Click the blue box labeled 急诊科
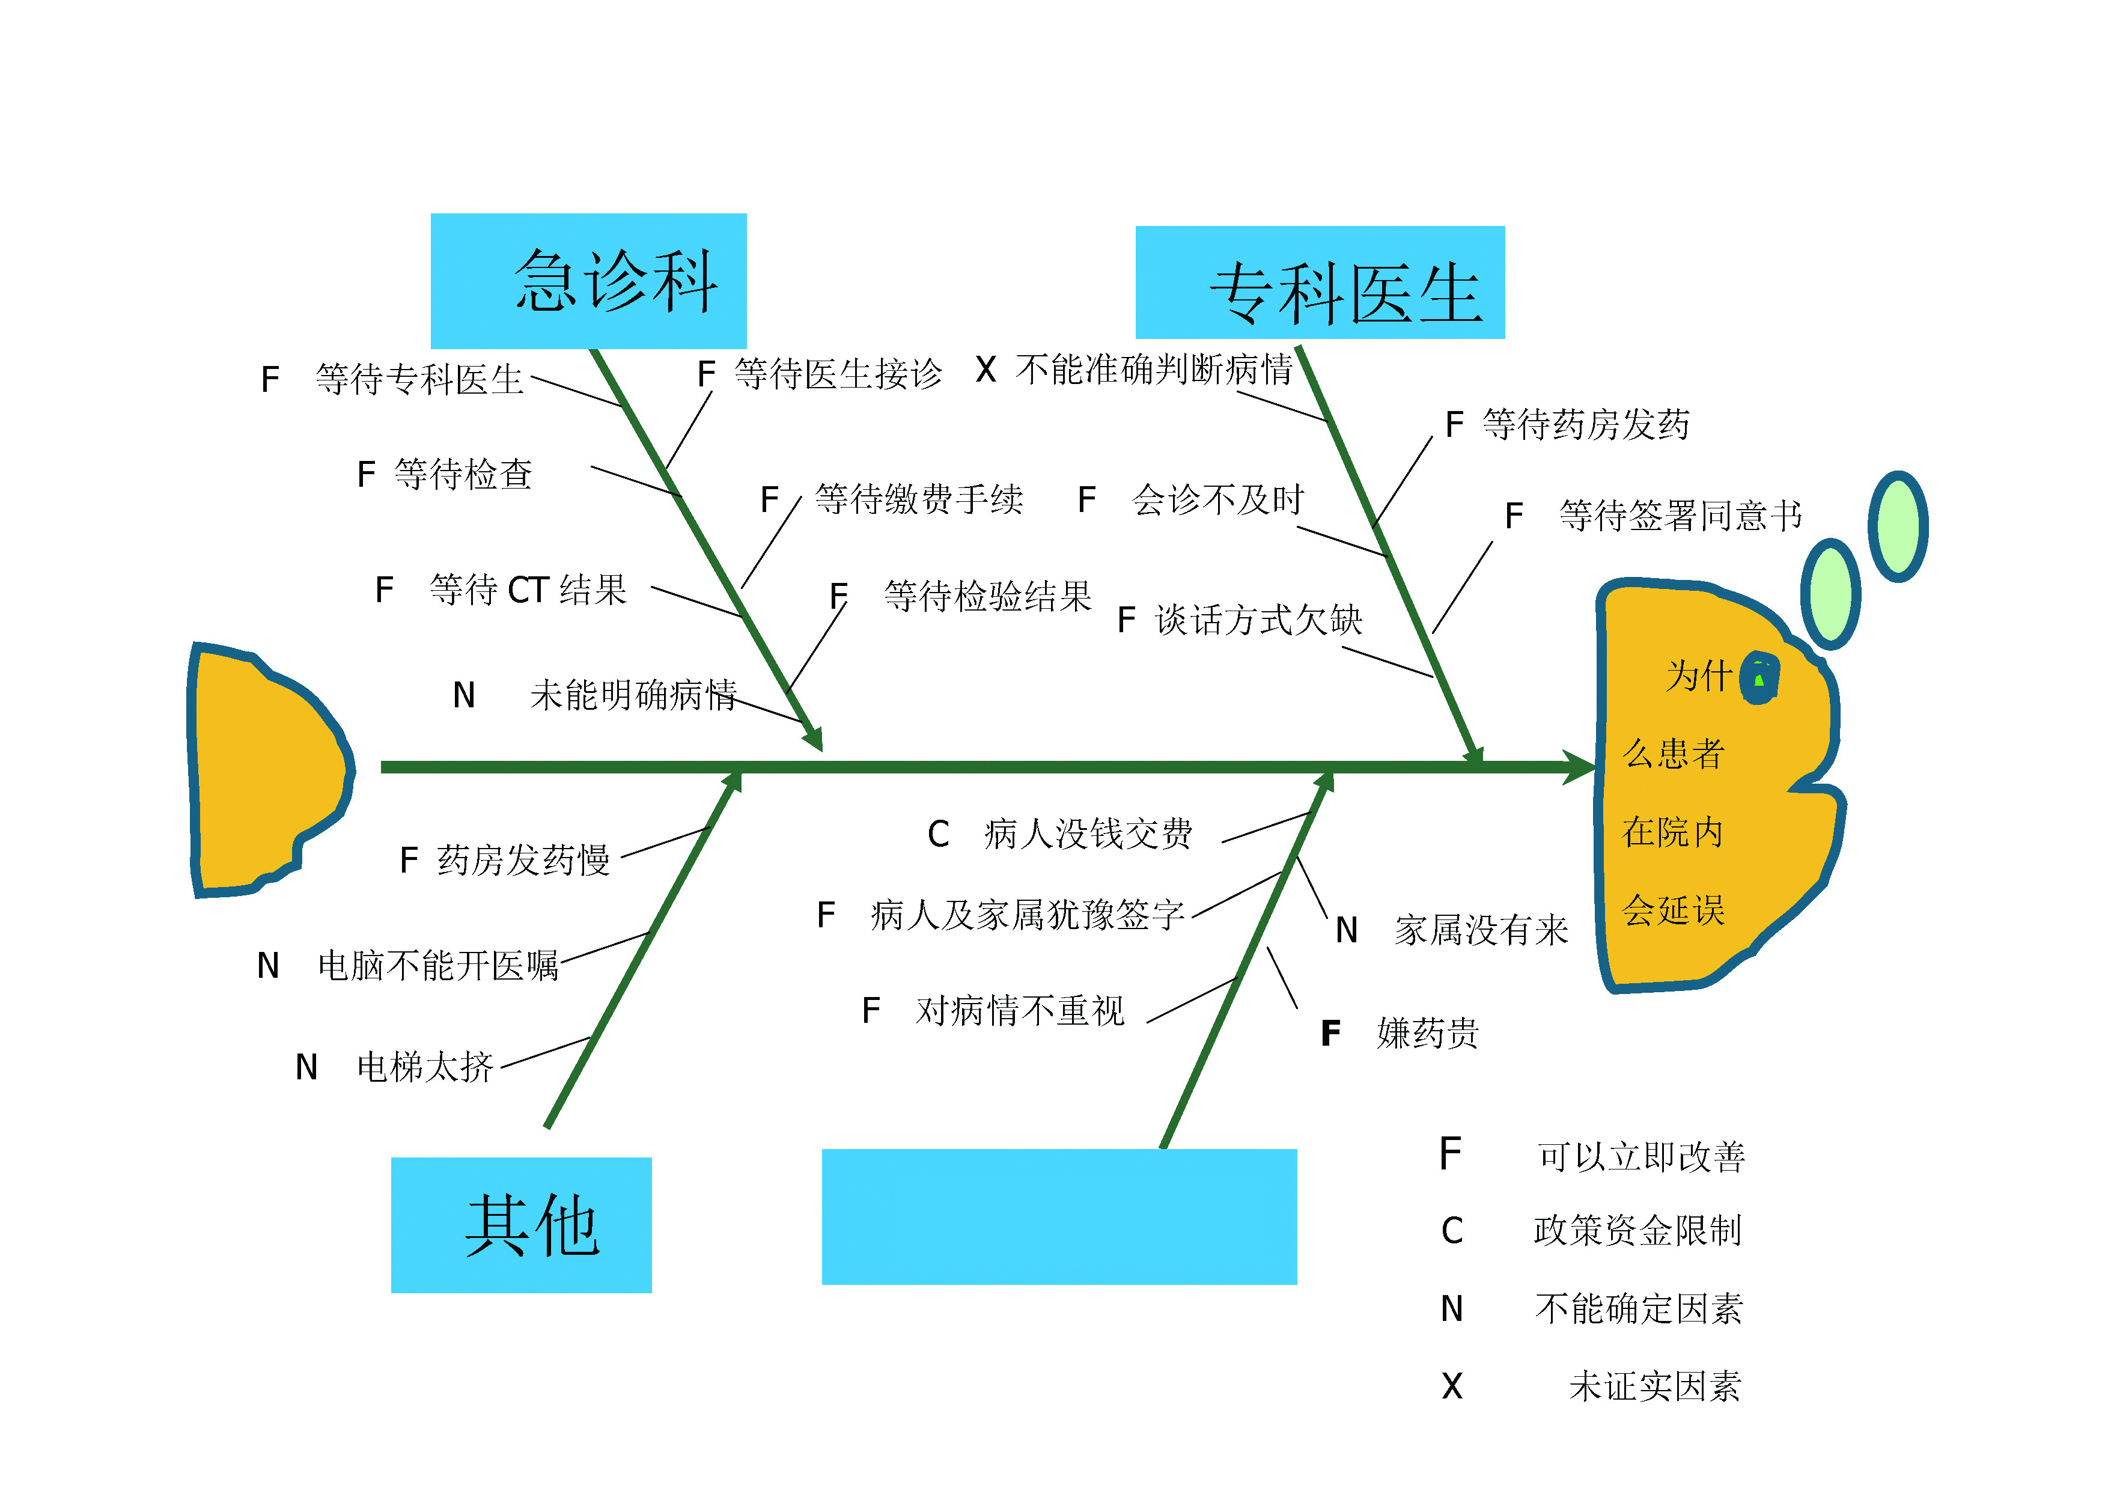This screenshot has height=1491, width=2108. (x=588, y=280)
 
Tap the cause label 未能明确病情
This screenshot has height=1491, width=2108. (x=633, y=695)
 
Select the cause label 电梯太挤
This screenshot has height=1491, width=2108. (x=424, y=1067)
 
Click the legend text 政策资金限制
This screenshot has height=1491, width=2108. (x=1637, y=1230)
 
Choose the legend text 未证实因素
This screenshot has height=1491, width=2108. (x=1654, y=1386)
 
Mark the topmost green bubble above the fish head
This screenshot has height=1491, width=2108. (x=1898, y=526)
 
